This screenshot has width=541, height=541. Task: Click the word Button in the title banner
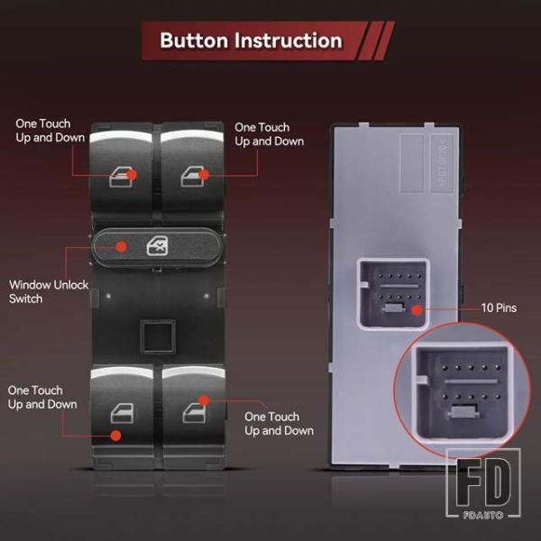click(194, 41)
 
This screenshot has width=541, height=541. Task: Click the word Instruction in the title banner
click(289, 41)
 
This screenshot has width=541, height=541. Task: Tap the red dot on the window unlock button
click(121, 246)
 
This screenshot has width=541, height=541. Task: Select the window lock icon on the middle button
click(157, 246)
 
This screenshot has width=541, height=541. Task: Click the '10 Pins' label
click(499, 307)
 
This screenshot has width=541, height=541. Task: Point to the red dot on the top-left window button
click(132, 175)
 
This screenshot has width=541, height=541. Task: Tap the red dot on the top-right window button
click(204, 175)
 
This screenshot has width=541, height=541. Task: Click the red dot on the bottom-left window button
click(116, 436)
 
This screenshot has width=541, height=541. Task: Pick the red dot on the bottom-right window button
click(204, 400)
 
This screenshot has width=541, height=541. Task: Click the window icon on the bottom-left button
click(122, 413)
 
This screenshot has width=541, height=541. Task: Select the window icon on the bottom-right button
click(194, 413)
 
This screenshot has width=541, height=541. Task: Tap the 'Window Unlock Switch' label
click(49, 291)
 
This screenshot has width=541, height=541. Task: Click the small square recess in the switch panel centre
click(158, 336)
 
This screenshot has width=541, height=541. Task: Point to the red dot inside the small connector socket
click(417, 310)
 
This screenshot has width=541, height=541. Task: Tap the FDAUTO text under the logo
click(483, 516)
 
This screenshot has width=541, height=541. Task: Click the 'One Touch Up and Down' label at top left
click(50, 131)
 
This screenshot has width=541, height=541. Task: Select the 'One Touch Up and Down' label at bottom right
click(280, 424)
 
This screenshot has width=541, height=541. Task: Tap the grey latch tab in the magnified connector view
click(463, 412)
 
